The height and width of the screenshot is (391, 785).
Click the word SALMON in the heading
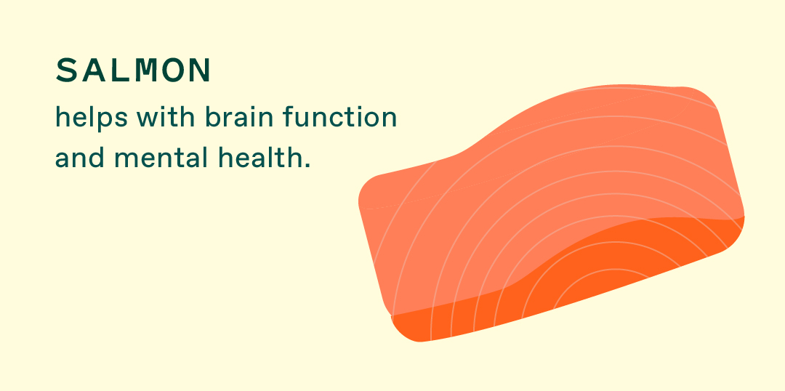click(x=133, y=70)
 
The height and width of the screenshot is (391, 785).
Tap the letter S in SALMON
click(x=66, y=70)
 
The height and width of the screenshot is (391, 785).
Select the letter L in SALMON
click(x=120, y=70)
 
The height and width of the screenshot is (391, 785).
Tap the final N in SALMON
click(x=199, y=70)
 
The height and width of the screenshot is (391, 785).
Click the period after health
click(x=307, y=166)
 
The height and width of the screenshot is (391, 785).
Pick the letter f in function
click(x=289, y=117)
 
